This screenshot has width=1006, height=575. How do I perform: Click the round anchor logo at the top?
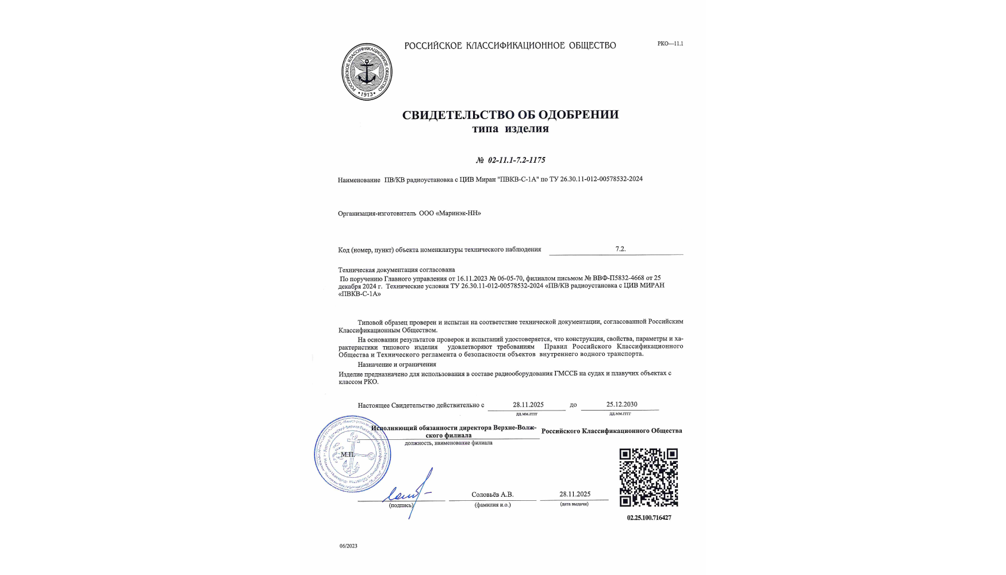click(x=367, y=72)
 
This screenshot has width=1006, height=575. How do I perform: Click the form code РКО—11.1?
click(x=670, y=44)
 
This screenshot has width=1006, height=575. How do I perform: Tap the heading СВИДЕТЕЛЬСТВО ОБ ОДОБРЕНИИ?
click(x=510, y=114)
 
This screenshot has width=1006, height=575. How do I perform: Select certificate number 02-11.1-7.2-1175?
click(x=510, y=160)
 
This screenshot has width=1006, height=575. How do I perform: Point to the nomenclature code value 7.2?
click(x=620, y=249)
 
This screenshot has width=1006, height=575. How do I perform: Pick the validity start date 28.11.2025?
click(x=528, y=405)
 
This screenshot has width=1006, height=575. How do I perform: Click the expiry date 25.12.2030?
click(x=621, y=404)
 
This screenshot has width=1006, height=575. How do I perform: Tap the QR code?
click(x=648, y=478)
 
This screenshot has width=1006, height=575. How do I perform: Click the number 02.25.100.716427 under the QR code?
click(x=649, y=517)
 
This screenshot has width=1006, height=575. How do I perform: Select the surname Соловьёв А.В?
click(x=492, y=494)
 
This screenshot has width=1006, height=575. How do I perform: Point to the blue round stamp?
click(x=352, y=454)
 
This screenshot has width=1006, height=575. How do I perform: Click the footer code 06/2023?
click(x=348, y=546)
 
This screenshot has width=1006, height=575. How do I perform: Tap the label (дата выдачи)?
click(x=574, y=504)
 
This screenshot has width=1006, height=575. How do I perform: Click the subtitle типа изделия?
click(x=510, y=129)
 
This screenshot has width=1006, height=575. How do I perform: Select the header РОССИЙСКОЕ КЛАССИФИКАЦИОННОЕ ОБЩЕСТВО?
click(x=510, y=45)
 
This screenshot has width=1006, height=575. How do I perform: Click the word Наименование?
click(x=359, y=180)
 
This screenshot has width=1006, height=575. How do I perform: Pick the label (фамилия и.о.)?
click(x=493, y=505)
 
